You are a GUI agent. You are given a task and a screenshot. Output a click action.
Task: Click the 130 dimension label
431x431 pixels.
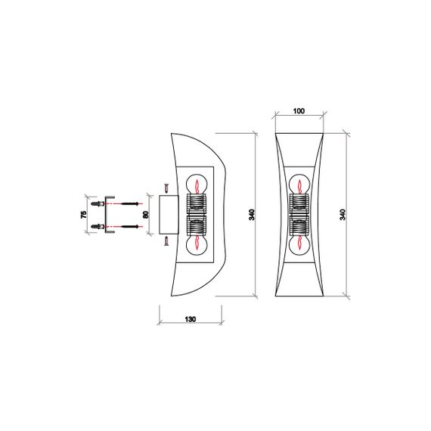(x=190, y=320)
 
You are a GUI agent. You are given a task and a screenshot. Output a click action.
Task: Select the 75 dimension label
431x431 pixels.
(x=84, y=215)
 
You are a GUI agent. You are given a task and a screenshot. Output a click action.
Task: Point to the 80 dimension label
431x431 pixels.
(x=145, y=215)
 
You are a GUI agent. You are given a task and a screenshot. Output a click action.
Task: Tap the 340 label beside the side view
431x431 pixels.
(x=252, y=215)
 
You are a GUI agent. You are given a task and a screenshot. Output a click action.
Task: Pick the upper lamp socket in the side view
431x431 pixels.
(x=197, y=203)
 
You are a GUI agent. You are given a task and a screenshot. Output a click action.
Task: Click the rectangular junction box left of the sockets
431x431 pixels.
(x=169, y=215)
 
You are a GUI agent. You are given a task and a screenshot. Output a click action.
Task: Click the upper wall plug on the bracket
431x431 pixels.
(x=96, y=204)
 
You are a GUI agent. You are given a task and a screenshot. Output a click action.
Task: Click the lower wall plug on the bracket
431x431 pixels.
(x=96, y=226)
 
